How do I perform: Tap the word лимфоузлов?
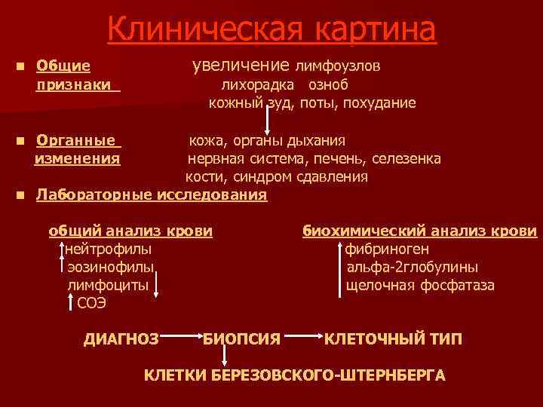337,66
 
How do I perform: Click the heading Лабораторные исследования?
152,195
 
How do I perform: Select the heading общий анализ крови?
130,231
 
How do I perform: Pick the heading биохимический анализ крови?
420,231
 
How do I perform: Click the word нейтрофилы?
108,249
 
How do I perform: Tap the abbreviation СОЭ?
92,303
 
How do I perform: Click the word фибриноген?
387,249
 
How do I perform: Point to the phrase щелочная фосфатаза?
420,286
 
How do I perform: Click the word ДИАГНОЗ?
121,340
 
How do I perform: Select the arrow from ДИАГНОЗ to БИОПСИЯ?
182,335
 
